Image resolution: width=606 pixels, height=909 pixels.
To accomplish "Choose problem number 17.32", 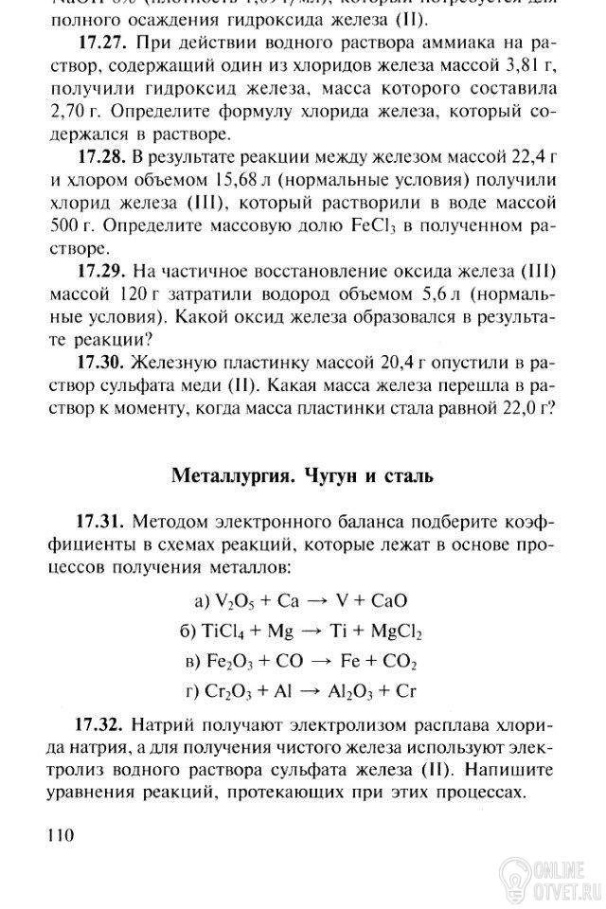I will pos(99,726).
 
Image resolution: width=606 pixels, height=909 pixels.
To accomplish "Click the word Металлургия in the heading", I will pos(230,473).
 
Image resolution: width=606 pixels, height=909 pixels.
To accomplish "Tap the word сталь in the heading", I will pos(405,473).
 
